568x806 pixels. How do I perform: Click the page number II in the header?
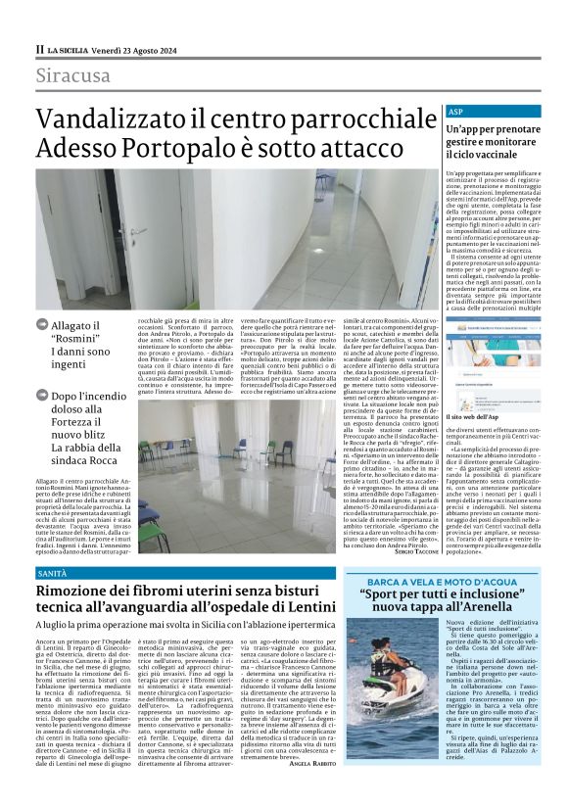click(x=39, y=48)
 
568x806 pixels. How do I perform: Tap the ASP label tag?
click(x=454, y=113)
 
